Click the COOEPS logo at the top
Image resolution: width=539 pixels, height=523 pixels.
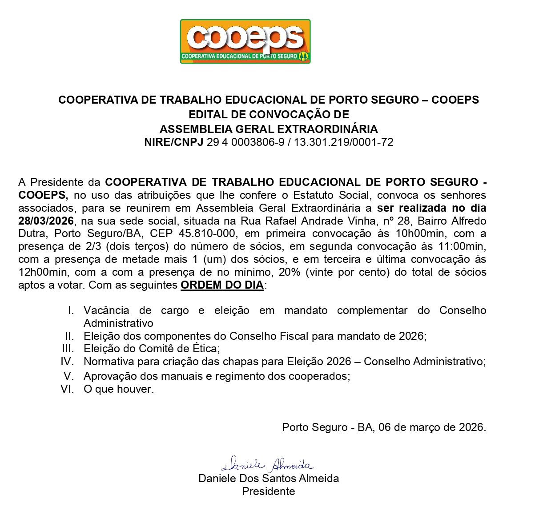[x=245, y=41]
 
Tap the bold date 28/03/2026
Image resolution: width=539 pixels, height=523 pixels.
[x=46, y=221]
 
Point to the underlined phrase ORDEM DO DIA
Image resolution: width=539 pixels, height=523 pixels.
[x=222, y=285]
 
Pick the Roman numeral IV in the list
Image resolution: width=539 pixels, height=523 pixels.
[x=67, y=362]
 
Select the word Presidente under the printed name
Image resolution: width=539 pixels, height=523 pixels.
[x=268, y=491]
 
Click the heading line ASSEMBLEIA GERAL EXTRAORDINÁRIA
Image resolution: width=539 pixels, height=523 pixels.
[x=269, y=129]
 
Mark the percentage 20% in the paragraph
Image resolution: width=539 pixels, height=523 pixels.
[x=290, y=272]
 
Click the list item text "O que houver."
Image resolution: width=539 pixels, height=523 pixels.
[x=119, y=389]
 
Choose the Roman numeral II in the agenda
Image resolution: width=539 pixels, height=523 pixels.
[x=69, y=336]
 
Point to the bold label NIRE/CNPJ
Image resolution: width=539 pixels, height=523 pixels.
[x=173, y=142]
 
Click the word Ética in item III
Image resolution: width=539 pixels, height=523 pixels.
[x=203, y=349]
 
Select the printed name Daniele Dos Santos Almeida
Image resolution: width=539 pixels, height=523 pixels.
[x=269, y=479]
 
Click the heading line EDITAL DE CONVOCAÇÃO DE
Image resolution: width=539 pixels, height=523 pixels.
[x=269, y=114]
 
